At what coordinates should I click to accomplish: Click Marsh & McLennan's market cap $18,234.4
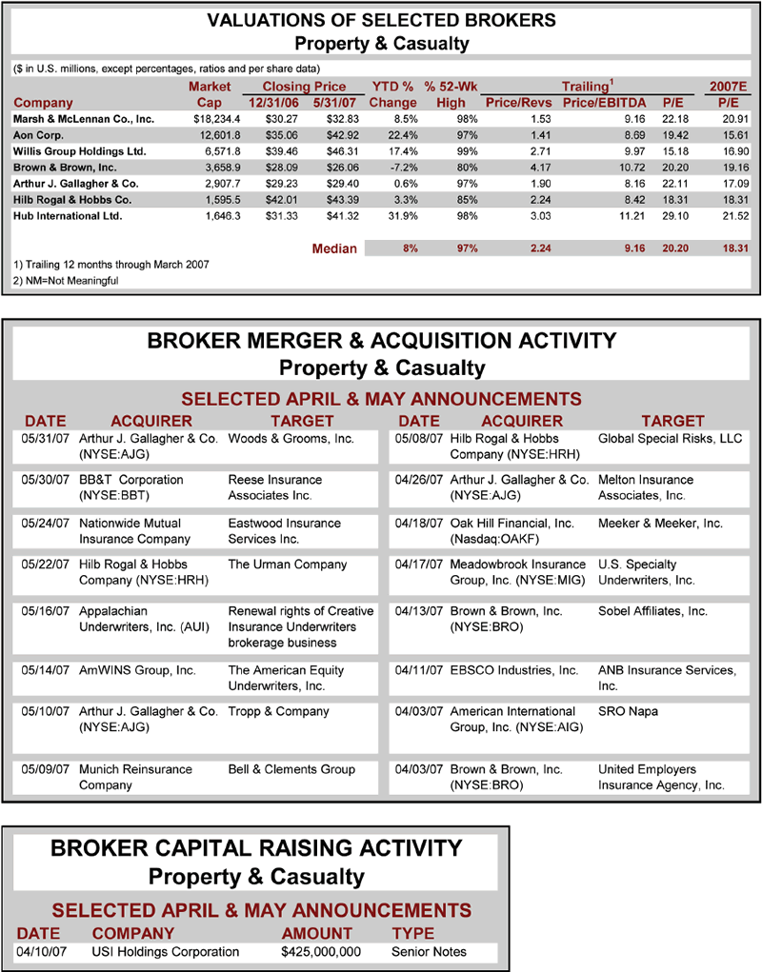[215, 119]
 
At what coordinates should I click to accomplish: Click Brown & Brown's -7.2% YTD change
[398, 168]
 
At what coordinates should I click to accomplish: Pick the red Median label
[334, 248]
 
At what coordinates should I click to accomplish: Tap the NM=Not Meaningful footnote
[69, 281]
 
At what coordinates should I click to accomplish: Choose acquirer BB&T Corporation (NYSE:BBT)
[130, 487]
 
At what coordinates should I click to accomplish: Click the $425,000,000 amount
[321, 952]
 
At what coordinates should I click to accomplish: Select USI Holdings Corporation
[166, 952]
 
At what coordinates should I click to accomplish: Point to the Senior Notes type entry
[430, 952]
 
